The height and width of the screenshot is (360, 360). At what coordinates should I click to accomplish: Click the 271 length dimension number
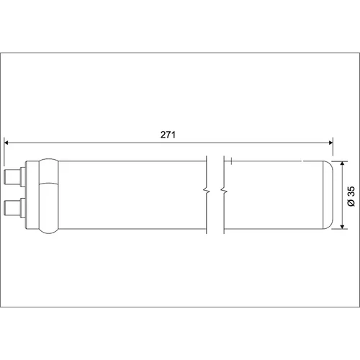(168, 135)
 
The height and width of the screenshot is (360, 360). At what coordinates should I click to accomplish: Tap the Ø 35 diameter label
(351, 196)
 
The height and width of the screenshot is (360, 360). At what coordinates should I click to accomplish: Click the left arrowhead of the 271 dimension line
(6, 143)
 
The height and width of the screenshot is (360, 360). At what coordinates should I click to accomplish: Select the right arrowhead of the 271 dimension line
(330, 143)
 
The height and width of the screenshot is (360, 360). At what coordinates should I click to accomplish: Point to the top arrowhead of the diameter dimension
(343, 163)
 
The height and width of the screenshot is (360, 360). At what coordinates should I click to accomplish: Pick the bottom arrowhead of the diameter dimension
(343, 227)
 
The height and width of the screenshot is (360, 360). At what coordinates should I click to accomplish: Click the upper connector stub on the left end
(13, 177)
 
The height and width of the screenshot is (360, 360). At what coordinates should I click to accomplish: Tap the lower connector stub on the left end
(13, 208)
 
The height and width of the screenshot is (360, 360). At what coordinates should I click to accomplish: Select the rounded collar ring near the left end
(49, 196)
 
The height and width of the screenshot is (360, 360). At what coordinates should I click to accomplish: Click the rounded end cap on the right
(328, 195)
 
